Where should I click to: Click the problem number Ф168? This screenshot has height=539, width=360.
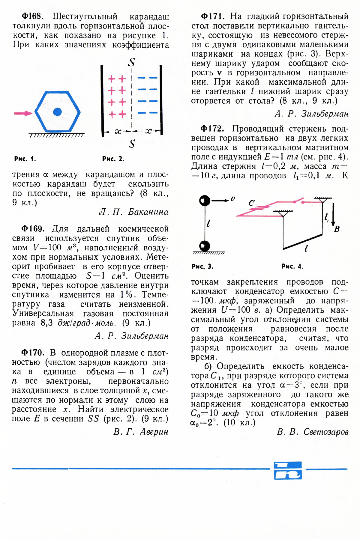coord(32,16)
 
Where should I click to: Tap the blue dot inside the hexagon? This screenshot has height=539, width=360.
coord(57,112)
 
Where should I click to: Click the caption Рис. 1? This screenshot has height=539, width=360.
coord(25,159)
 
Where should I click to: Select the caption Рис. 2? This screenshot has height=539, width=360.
coord(113,159)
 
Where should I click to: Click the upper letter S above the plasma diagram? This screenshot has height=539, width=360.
coord(132,62)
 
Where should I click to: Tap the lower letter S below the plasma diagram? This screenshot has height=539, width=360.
coord(132,144)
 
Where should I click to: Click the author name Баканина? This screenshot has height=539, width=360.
coord(148,212)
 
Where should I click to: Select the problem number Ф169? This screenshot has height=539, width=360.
coord(33,229)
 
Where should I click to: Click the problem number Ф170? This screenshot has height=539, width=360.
coord(33,353)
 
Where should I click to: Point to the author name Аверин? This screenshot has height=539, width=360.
coord(154,432)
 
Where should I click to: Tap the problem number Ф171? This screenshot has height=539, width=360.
coord(212,16)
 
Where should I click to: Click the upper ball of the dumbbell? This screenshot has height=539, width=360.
coord(205,200)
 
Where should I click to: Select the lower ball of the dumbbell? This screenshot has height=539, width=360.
coord(205,246)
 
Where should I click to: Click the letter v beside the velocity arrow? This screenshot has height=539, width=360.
coord(233,198)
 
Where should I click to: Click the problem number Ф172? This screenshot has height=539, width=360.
coord(212,129)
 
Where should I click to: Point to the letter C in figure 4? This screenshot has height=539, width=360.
coord(251,203)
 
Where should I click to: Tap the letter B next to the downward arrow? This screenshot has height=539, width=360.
coord(337,229)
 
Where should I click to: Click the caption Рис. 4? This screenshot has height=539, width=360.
coord(292,266)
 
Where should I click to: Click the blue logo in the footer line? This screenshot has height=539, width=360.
coord(288,470)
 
